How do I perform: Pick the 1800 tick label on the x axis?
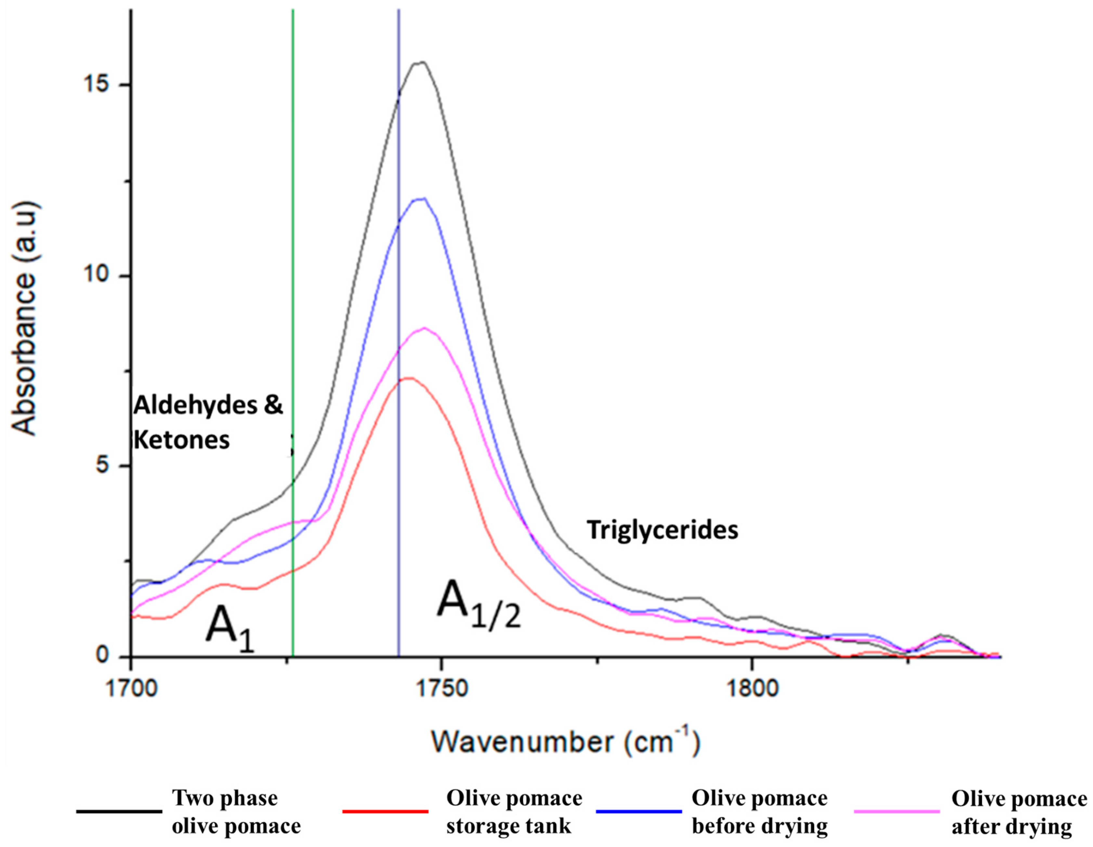[x=751, y=688]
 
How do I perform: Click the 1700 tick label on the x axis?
[x=131, y=688]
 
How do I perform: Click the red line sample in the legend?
[x=385, y=811]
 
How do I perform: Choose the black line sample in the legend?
[x=119, y=811]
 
